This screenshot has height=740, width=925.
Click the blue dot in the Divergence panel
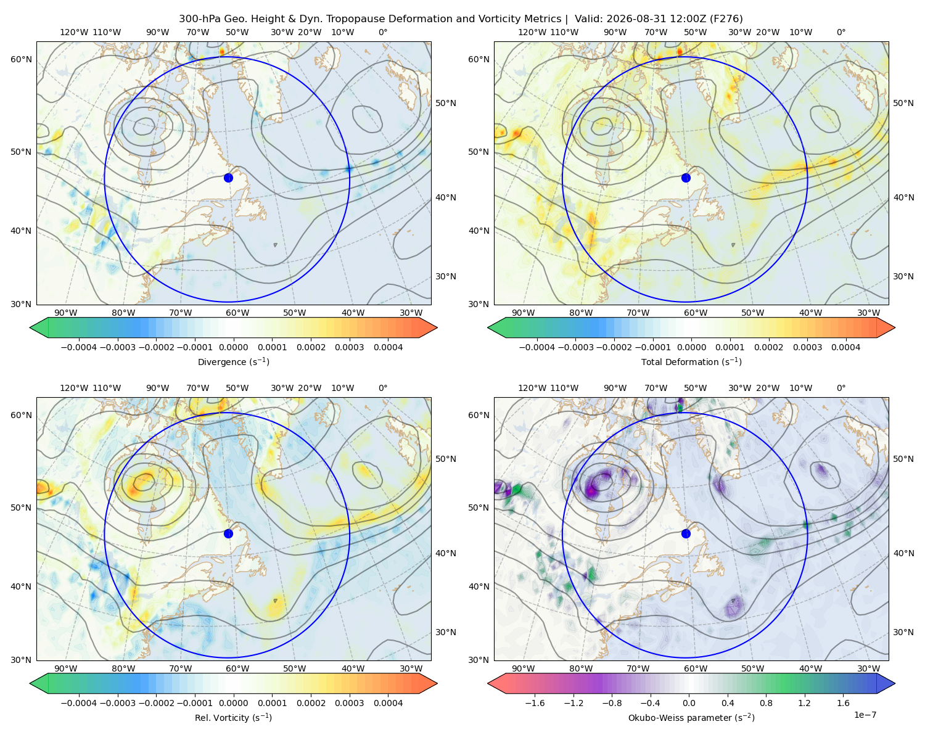[228, 178]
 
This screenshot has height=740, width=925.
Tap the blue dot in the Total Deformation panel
[686, 178]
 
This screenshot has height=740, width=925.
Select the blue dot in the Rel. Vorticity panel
[228, 533]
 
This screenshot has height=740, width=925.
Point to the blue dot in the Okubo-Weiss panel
[686, 533]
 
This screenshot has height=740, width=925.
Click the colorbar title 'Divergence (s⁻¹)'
[233, 361]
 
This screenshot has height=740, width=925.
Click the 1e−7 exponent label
[865, 715]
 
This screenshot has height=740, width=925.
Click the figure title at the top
[461, 18]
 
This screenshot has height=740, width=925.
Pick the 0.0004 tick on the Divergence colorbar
[388, 347]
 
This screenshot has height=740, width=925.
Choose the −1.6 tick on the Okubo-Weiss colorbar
[535, 702]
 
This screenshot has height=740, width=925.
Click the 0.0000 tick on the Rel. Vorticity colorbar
[233, 702]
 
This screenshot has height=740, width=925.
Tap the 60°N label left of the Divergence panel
[21, 59]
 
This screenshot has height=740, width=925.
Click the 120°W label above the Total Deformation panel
[532, 32]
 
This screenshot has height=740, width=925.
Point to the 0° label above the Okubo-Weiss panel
[841, 387]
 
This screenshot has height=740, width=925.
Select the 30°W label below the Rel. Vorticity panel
[411, 668]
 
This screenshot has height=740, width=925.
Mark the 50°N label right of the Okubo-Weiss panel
[903, 458]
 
